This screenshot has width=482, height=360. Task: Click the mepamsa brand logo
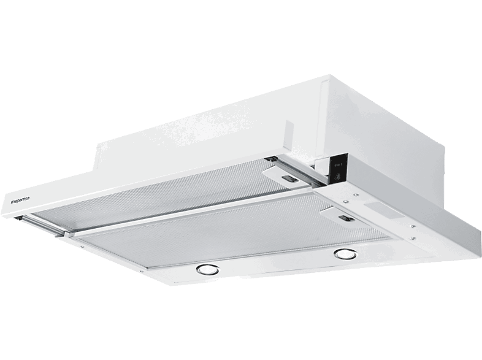click(x=20, y=201)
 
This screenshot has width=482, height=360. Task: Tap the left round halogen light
click(x=208, y=269)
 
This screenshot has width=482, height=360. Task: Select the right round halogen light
click(x=345, y=254)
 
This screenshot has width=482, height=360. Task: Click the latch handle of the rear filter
click(x=290, y=178)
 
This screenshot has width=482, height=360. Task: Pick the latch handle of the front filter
click(x=346, y=218)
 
